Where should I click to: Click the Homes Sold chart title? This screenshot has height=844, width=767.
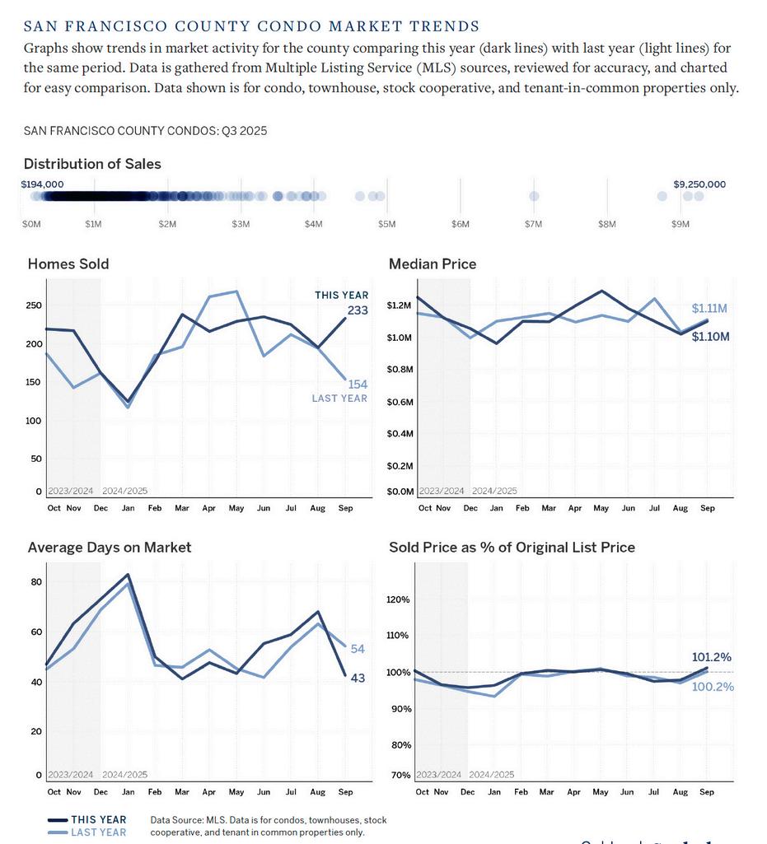68,264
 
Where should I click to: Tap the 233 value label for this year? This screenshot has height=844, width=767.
357,310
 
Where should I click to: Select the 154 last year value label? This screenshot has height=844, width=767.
357,385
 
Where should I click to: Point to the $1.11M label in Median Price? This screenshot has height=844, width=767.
709,309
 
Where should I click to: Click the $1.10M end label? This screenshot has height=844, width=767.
710,337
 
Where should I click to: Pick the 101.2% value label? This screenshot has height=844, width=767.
712,657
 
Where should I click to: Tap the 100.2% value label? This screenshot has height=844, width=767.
713,687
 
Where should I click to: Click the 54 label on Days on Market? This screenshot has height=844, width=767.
358,650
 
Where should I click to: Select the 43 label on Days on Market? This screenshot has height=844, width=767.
358,678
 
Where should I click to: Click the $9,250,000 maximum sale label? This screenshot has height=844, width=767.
699,184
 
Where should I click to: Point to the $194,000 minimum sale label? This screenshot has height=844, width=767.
42,184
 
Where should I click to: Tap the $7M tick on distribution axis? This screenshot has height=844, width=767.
534,224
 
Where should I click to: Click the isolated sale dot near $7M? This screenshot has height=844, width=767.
534,196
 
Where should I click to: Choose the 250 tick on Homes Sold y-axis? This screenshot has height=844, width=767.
34,305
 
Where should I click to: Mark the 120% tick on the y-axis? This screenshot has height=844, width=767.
399,599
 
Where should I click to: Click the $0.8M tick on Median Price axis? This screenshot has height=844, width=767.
400,370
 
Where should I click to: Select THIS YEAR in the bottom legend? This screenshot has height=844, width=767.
98,819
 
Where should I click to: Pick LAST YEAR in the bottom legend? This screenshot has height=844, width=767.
98,832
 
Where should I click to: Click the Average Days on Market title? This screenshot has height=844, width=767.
110,548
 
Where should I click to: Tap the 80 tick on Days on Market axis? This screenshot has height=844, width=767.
36,582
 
